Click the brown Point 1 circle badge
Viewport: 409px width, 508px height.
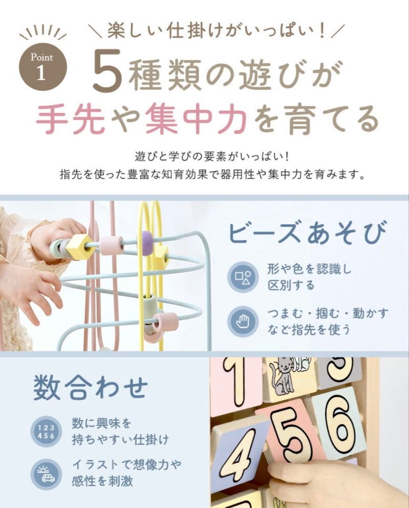[43, 67]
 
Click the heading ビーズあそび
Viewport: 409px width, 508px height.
[307, 233]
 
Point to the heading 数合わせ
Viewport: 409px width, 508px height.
[90, 388]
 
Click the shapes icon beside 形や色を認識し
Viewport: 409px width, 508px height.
[242, 278]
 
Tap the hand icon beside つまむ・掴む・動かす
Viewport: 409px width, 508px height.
[242, 321]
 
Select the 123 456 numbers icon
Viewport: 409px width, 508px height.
[46, 431]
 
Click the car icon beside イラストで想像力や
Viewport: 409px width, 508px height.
[46, 474]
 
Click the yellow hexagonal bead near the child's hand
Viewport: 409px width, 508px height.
[79, 247]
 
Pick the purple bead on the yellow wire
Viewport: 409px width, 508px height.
[147, 243]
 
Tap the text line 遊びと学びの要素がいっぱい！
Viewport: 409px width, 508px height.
[213, 156]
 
